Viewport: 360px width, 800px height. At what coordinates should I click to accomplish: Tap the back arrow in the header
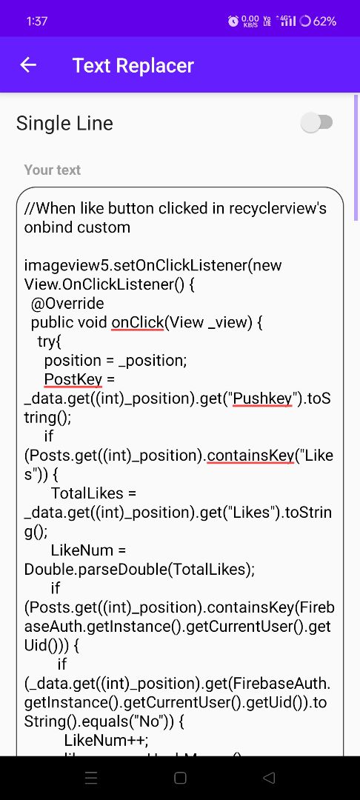28,64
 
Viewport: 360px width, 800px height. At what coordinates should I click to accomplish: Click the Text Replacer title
133,65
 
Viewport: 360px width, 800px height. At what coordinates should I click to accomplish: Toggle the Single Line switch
316,123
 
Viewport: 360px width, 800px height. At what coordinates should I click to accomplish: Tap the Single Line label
64,124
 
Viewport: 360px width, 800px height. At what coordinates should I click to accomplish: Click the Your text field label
53,170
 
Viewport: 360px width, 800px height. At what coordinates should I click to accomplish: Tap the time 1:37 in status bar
37,21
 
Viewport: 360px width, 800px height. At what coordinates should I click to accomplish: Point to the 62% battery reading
325,21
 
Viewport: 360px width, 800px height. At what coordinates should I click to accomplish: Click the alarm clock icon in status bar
233,21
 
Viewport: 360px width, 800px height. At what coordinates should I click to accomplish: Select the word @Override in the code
67,304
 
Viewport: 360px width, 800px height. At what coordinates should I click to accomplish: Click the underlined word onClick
138,323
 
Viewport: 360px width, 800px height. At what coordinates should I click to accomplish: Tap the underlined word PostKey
73,379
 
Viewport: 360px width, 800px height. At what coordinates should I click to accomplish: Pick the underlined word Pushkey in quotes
262,399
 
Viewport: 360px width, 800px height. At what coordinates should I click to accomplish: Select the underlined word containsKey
251,456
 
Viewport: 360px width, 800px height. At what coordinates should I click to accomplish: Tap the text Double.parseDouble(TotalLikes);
139,570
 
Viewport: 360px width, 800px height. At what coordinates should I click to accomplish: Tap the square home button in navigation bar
180,778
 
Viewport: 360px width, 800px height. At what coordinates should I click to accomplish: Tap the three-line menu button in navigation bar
91,778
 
